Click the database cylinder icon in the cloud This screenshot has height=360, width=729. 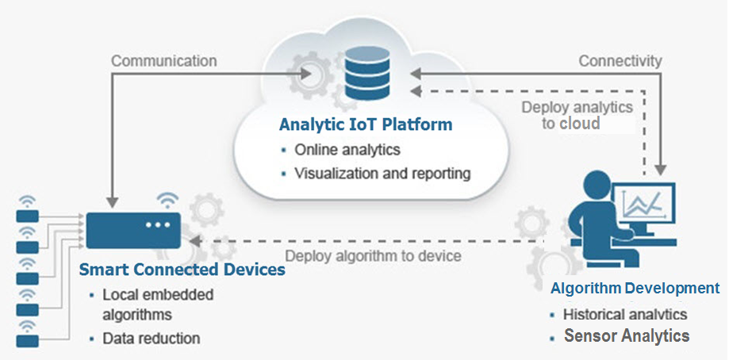pos(366,72)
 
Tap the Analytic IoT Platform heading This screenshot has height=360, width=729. pos(366,125)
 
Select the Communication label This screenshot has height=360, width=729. pos(163,60)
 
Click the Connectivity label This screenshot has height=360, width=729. pos(620,60)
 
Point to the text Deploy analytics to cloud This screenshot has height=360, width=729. pos(577,115)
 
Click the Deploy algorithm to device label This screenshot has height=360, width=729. pos(373,255)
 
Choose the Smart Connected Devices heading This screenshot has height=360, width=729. pos(182,270)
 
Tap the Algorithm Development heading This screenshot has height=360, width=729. pos(635,288)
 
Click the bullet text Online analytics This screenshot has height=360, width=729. pos(347,149)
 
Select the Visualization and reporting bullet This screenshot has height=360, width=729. pos(382,172)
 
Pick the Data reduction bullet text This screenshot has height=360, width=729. pos(151,338)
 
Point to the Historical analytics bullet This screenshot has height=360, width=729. pos(624,314)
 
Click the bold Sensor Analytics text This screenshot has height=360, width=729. pos(627,335)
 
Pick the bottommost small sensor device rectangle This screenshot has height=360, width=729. pos(28,341)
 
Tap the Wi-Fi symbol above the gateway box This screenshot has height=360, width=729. pos(167,198)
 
